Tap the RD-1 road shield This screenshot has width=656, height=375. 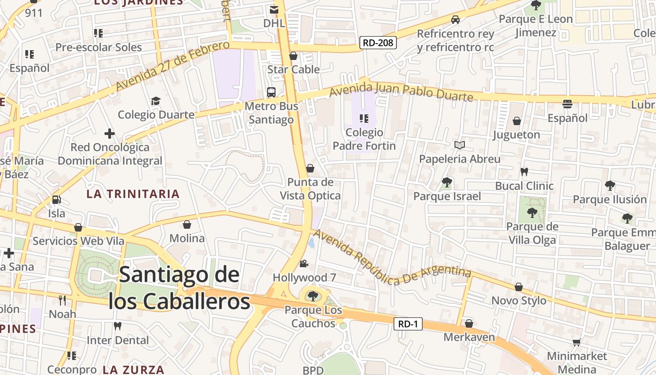coord(408,324)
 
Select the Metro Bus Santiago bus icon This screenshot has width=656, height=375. coord(271,92)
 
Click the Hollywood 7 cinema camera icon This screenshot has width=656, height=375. coord(304,263)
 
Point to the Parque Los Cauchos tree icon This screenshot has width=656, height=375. coord(313,296)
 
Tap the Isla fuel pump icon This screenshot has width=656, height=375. coord(56,200)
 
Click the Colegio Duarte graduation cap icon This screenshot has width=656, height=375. coord(156,101)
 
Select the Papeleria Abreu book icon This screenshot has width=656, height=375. coord(460,145)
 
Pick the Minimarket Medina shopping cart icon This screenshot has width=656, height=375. coord(576,343)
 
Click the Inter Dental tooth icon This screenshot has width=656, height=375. coord(118,326)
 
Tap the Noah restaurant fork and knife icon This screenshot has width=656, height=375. coord(62,300)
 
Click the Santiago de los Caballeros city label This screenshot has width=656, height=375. coord(179,288)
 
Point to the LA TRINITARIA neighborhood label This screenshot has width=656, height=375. coord(133,194)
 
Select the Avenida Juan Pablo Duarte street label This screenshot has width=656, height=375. coord(401,91)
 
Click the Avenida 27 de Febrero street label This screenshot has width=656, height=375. coord(172,66)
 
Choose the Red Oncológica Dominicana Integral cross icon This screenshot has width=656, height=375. coord(110,134)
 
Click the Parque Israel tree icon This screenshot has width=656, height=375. coord(447,182)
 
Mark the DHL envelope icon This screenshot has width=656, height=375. coord(274,9)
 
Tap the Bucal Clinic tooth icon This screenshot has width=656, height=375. coord(524,172)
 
